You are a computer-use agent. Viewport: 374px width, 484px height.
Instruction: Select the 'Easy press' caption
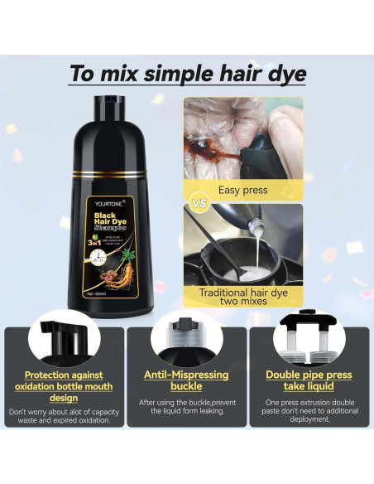click(242, 190)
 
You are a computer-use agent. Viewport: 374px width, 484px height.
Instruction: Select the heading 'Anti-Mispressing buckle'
click(186, 380)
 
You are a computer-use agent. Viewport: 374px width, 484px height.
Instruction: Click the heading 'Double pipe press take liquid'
click(310, 380)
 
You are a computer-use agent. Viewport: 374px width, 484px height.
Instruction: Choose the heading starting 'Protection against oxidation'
click(63, 385)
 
